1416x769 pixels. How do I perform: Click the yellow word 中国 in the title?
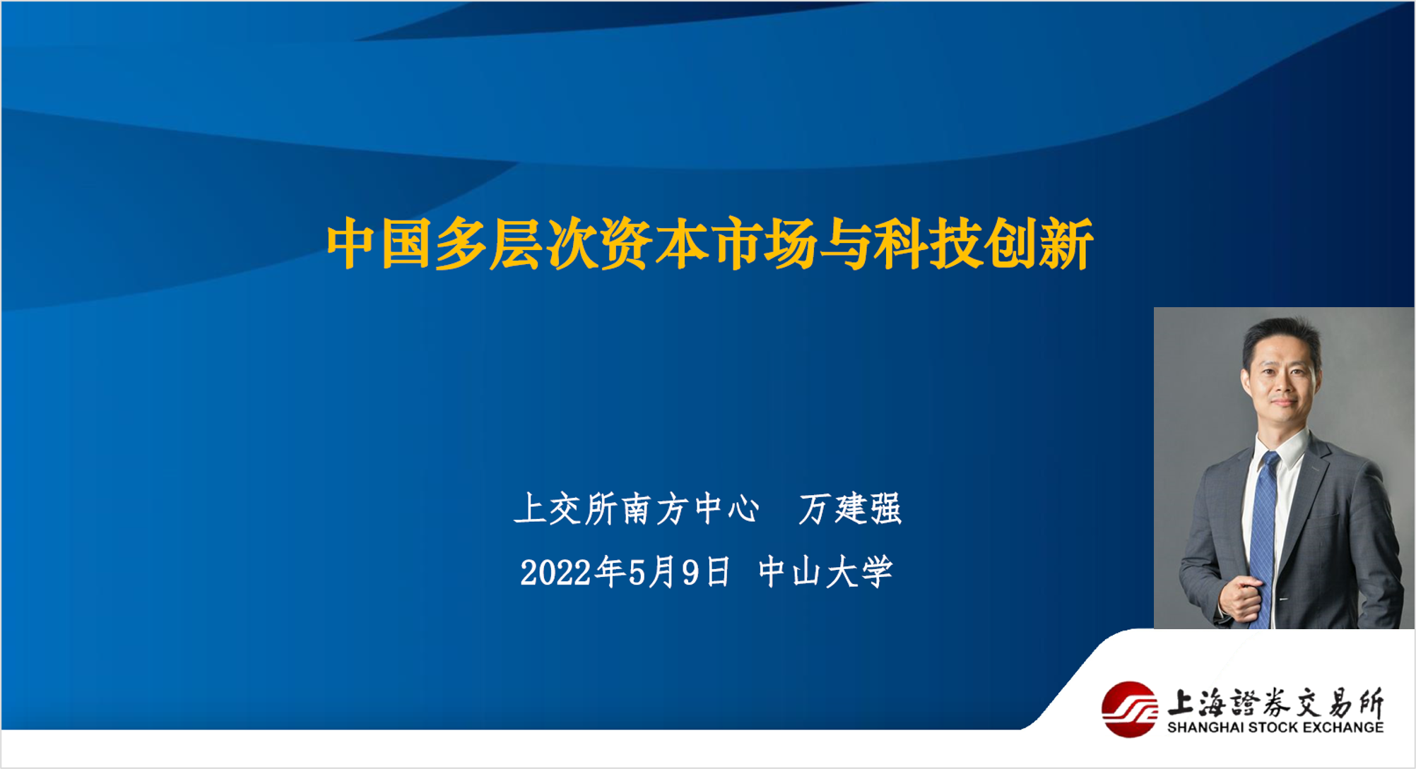pos(379,244)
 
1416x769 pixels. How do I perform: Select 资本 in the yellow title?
pos(655,244)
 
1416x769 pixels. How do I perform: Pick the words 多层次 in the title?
pos(517,244)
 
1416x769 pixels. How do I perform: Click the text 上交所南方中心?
pos(637,508)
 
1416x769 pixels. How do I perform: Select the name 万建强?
pos(850,508)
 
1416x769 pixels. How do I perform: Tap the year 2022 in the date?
pos(555,573)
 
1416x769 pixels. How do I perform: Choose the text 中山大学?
pos(825,572)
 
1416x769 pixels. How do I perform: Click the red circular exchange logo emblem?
pos(1129,709)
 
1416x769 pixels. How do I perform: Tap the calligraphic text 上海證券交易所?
pos(1275,703)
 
